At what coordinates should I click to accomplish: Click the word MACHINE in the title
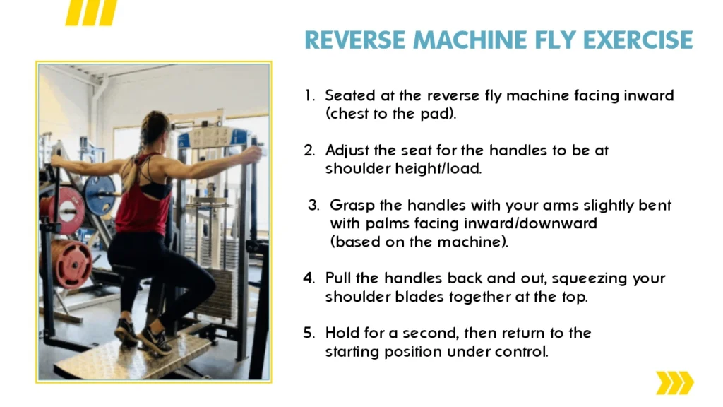[x=470, y=40]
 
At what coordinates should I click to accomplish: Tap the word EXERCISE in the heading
[x=638, y=40]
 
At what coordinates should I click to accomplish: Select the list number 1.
[x=309, y=95]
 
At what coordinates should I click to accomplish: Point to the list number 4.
[x=309, y=278]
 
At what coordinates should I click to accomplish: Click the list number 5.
[x=309, y=334]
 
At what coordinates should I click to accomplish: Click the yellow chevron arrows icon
[x=674, y=382]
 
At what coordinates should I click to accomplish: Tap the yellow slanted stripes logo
[x=91, y=13]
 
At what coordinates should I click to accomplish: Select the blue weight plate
[x=100, y=195]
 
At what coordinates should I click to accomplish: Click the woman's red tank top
[x=143, y=203]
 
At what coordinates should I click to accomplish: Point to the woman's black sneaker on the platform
[x=155, y=341]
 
